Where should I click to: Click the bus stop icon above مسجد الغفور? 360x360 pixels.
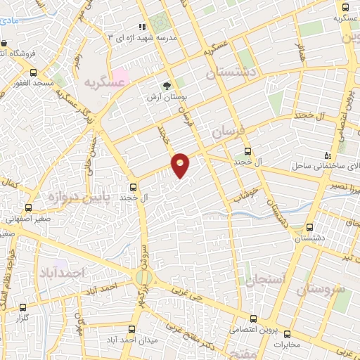(33, 72)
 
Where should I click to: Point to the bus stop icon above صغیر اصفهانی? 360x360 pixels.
(29, 207)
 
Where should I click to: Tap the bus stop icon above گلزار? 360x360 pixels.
(23, 307)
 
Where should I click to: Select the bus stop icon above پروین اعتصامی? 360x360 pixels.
(262, 318)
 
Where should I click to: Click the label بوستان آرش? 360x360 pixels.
(167, 96)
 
